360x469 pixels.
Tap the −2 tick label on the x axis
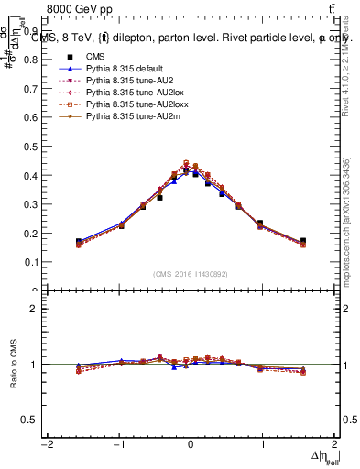pos(46,445)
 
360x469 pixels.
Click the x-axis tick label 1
pos(263,445)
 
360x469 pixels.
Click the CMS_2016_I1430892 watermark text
pos(191,273)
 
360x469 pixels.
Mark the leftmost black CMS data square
pos(79,242)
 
